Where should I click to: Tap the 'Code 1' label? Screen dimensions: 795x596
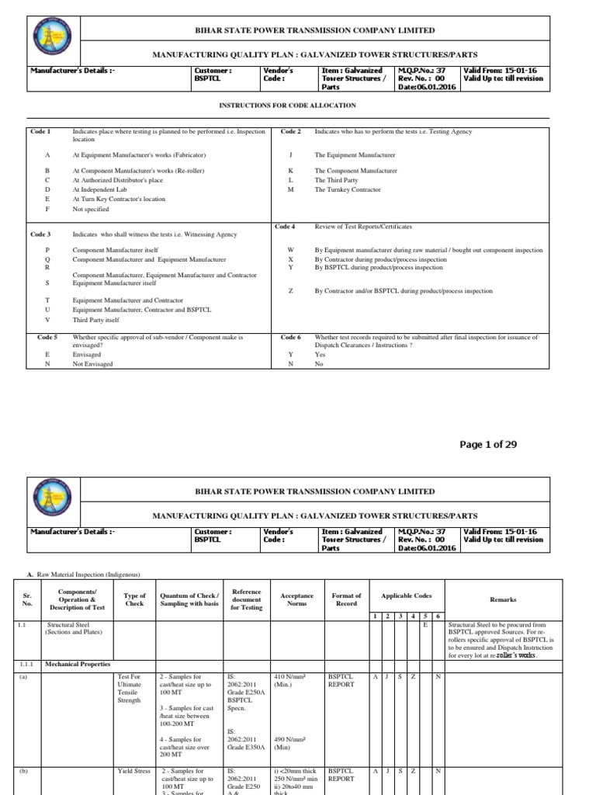coord(40,132)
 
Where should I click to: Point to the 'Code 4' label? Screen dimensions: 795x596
coord(285,226)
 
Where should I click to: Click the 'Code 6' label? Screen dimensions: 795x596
coord(291,338)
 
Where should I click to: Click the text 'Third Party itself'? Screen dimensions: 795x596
coord(95,319)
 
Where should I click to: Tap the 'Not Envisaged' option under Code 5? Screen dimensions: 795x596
coord(92,363)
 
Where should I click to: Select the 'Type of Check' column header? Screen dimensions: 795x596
coord(135,600)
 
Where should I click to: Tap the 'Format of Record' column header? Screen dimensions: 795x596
coord(346,600)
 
